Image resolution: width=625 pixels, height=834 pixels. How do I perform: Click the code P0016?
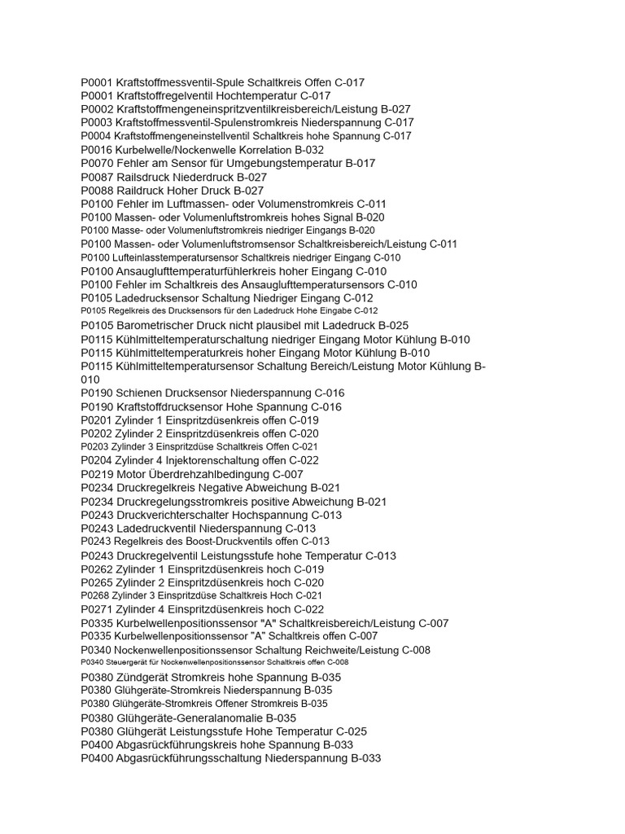pos(97,150)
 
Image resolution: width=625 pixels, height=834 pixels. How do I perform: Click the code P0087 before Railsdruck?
pos(97,177)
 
